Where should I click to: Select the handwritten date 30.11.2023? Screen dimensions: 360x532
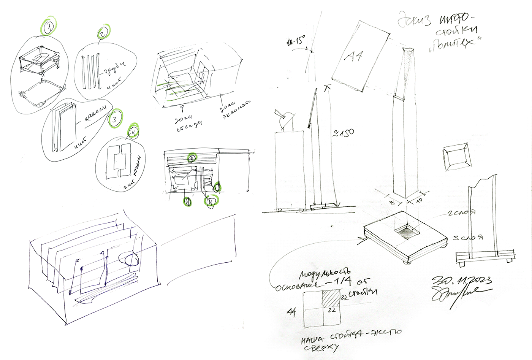[x=462, y=281]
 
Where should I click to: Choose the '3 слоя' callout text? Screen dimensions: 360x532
[x=468, y=238]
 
